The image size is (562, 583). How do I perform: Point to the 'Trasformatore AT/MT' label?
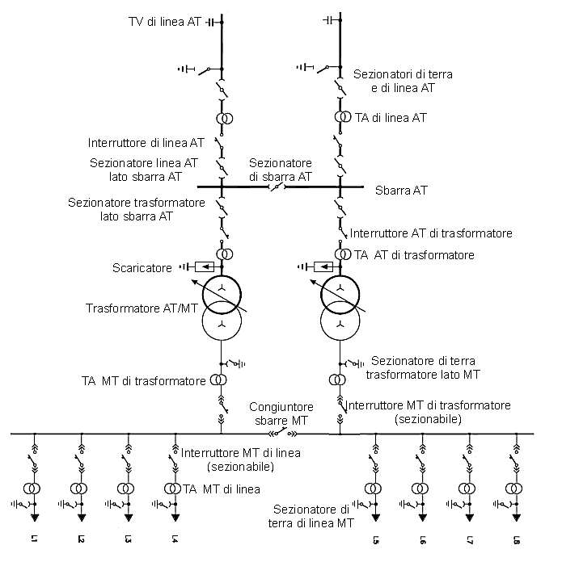click(142, 308)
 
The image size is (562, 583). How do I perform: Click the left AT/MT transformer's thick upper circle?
click(222, 294)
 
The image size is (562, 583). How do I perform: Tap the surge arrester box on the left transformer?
click(206, 266)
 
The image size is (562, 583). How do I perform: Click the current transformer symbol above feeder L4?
click(174, 489)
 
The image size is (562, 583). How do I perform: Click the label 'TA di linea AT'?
click(391, 118)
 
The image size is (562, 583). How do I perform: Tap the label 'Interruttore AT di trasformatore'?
click(431, 233)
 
